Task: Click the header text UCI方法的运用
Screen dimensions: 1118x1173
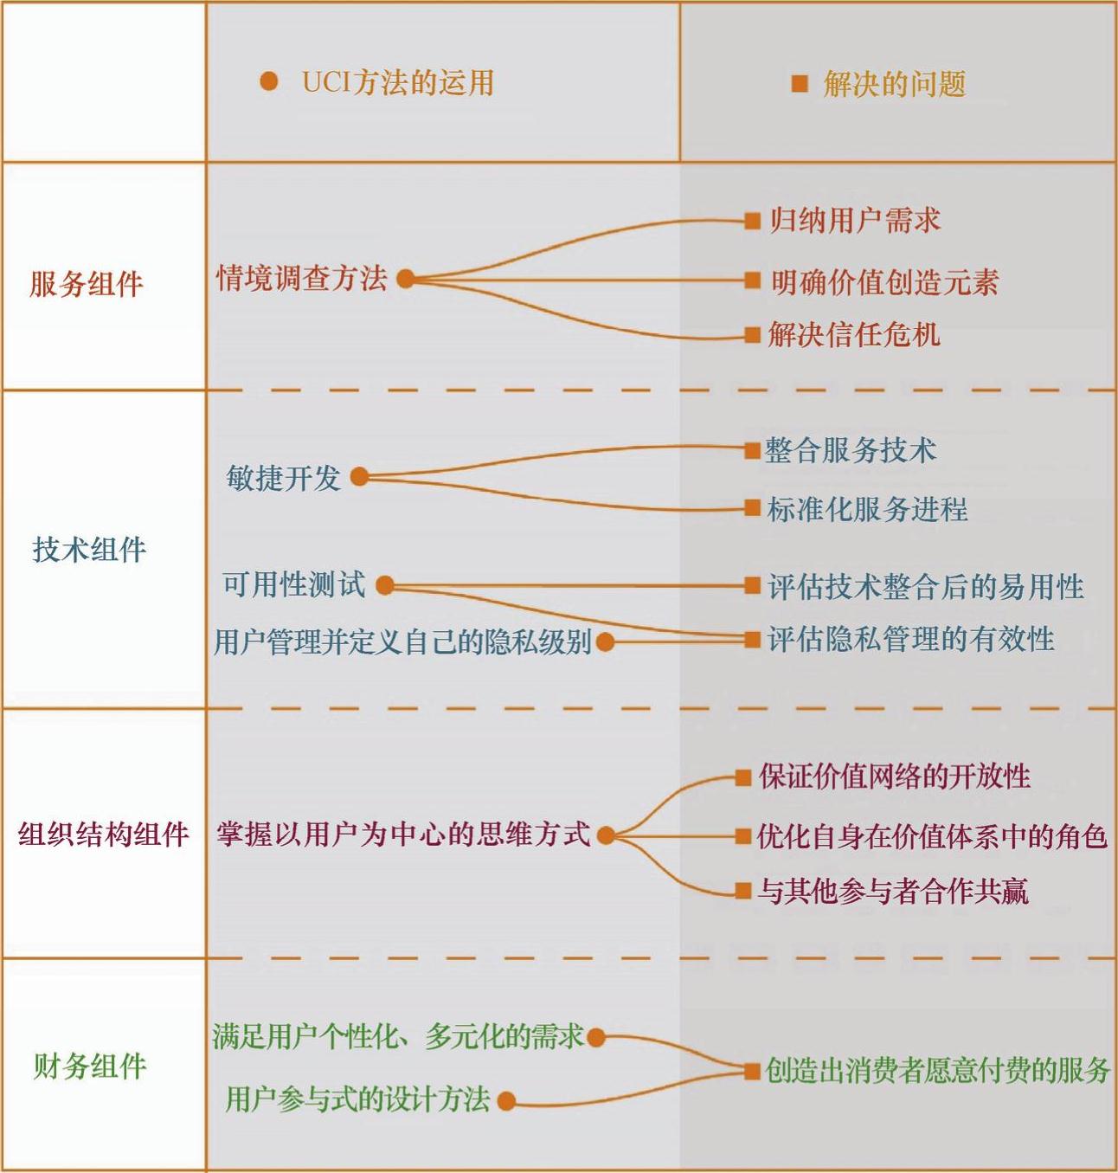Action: pos(397,83)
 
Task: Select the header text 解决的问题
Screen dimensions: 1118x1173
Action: pos(894,84)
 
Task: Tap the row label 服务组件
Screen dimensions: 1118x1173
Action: pos(86,284)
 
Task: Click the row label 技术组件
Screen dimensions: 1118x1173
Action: pos(89,550)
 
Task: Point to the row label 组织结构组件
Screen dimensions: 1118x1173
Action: pos(103,835)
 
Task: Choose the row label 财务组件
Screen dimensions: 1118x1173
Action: pos(89,1067)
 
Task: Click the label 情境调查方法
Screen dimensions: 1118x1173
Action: pos(301,279)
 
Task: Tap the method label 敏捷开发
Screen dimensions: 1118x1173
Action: pos(283,478)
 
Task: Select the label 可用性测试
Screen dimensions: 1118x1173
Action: pos(293,585)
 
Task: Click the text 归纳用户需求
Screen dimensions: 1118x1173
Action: pos(854,221)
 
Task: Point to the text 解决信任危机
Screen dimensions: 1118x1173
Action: pos(853,335)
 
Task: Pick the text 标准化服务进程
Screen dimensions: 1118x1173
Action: pos(867,509)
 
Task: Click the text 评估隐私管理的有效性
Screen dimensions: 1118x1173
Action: pos(910,640)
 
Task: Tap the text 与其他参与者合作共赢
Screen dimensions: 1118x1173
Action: pos(893,891)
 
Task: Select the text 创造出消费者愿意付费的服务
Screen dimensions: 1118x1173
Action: pos(937,1071)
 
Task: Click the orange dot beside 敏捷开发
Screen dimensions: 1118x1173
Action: pos(359,477)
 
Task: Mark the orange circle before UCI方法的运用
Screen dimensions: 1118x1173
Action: pos(269,81)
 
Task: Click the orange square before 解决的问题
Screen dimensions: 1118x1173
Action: pos(800,84)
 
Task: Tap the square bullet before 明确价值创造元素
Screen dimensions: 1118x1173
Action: pos(752,280)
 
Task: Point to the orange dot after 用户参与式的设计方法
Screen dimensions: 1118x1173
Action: pos(507,1101)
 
